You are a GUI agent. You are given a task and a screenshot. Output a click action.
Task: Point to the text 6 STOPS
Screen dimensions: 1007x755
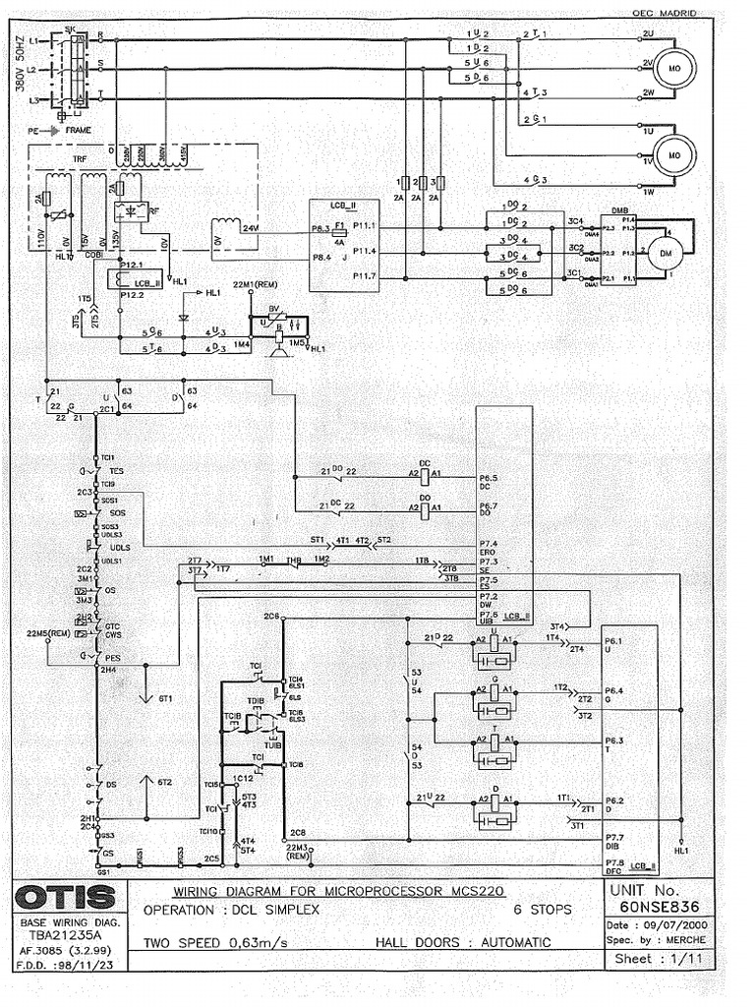point(542,911)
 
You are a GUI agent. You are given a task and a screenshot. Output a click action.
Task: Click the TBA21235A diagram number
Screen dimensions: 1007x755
point(62,938)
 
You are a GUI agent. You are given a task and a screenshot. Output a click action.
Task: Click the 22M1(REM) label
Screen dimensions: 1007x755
point(252,284)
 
